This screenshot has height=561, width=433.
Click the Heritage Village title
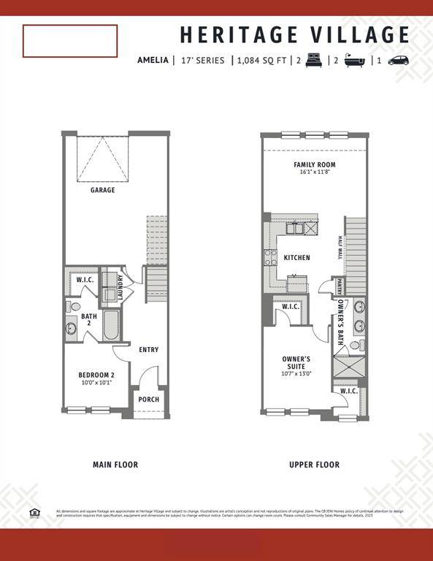295,34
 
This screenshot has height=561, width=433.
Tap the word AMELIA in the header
153,61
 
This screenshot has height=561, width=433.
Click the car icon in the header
399,61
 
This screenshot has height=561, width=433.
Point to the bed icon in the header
315,61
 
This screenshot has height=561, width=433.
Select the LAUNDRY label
121,286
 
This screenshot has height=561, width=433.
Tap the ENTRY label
149,350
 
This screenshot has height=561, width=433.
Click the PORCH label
149,400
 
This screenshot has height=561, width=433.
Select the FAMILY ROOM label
315,164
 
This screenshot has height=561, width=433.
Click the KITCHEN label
297,257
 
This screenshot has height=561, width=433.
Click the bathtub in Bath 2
111,326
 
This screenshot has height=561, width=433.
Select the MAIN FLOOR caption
115,465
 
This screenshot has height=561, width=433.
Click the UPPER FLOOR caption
314,465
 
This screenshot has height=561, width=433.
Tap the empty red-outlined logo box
70,41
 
